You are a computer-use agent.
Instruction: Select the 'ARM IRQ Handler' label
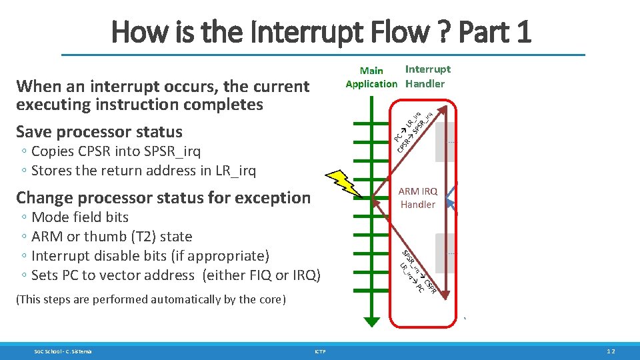pos(417,198)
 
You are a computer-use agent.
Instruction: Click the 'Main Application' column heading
pos(371,77)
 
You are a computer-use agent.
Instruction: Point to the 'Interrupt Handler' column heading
pos(427,76)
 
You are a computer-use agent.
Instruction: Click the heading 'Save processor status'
pos(99,131)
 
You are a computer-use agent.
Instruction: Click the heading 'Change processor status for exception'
pos(163,197)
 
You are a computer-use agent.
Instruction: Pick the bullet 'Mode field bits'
pos(79,217)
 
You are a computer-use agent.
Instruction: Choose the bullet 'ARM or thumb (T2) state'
pos(111,237)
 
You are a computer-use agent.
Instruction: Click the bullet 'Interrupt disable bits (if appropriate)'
pos(150,256)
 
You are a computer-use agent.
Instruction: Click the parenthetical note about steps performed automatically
pos(151,299)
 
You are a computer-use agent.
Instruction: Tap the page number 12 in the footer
pos(611,351)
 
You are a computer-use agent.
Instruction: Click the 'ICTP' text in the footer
pos(321,351)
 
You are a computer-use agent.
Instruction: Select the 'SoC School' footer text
pos(63,351)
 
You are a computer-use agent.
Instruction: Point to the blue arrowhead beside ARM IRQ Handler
pos(453,198)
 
